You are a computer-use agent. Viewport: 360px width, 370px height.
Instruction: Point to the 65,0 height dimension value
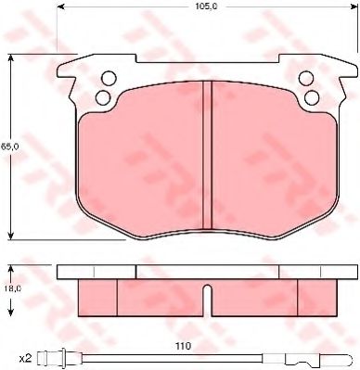6,146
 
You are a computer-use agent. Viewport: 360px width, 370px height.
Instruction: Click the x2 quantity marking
23,357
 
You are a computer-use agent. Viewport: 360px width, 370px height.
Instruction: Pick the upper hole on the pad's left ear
108,77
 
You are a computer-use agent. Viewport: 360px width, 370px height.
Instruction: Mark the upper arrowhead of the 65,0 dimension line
12,57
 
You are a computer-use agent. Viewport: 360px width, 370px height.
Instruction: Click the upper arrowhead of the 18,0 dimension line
12,267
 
